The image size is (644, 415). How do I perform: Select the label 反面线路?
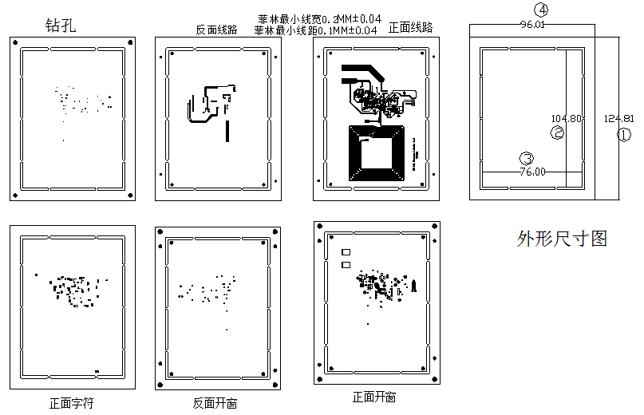[216, 30]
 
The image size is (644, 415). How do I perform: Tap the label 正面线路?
[410, 27]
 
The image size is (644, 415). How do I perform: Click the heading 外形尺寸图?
[562, 239]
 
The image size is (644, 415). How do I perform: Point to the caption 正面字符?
[72, 403]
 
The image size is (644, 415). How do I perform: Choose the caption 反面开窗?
[215, 403]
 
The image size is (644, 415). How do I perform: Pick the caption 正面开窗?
[374, 397]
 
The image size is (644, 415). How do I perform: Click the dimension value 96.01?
[532, 25]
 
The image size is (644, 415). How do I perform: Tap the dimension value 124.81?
[619, 118]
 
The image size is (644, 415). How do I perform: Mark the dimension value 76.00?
[532, 172]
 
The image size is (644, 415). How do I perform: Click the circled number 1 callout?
[624, 135]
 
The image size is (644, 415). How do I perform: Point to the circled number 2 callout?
[558, 133]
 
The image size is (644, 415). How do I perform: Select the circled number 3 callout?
[526, 158]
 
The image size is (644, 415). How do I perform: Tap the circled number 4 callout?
[543, 10]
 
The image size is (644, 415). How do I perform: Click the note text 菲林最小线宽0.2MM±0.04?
[318, 18]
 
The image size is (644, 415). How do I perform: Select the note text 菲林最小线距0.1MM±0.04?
[316, 30]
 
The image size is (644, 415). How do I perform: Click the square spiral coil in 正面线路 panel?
[377, 152]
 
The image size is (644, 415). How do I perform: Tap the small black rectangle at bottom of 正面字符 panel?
[97, 371]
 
